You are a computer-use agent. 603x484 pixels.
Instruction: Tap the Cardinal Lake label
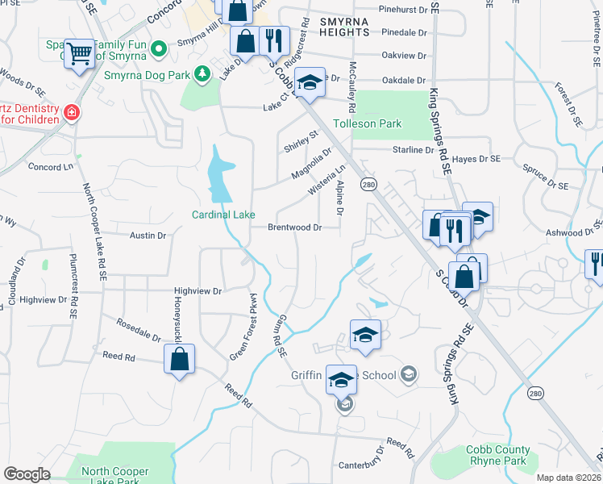point(223,215)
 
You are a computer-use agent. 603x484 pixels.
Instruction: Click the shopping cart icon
point(79,53)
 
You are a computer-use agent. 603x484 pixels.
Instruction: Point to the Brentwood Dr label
point(295,227)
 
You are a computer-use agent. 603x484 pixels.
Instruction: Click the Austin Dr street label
point(148,236)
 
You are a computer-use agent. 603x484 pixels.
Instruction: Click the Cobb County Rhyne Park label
point(498,455)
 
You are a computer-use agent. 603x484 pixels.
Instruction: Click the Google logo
point(26,474)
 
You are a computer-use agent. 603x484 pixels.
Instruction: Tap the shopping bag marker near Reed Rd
point(180,359)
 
